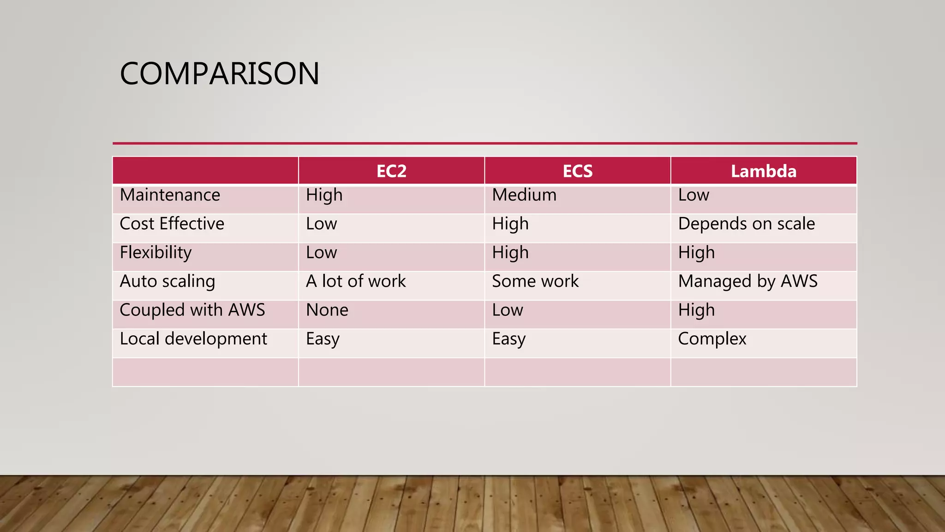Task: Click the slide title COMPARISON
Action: [219, 73]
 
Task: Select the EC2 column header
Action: [391, 171]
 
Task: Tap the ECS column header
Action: [577, 171]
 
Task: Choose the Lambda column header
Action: [763, 171]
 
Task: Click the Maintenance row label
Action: [170, 195]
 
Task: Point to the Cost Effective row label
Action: [172, 224]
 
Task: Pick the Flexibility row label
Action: [156, 253]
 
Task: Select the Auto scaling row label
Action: [167, 281]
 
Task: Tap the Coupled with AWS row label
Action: [192, 310]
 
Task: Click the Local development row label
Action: [193, 339]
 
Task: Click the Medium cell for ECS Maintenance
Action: [524, 195]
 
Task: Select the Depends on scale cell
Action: [746, 224]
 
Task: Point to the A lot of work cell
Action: [356, 281]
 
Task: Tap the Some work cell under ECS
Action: [535, 281]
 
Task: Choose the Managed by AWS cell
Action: [748, 281]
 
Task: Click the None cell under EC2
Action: [327, 310]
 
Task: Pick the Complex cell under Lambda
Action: [712, 339]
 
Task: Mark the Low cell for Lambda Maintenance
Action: [694, 195]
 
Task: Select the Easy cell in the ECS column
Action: [508, 339]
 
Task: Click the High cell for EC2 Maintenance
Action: [324, 195]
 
